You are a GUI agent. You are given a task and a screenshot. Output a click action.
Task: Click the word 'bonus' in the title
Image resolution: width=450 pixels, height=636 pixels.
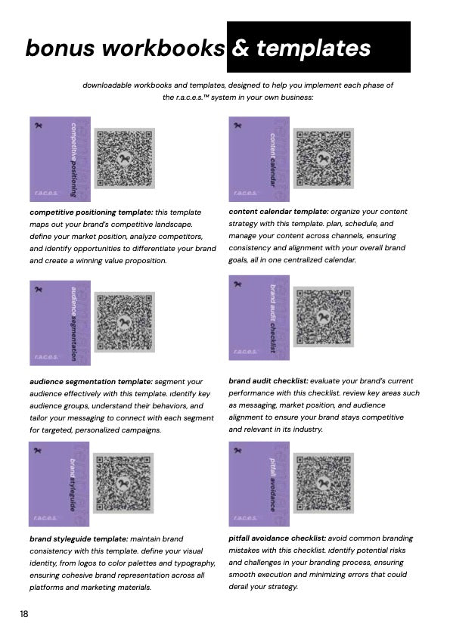(x=61, y=48)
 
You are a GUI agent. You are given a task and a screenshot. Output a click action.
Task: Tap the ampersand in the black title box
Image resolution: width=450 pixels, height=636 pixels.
(x=241, y=48)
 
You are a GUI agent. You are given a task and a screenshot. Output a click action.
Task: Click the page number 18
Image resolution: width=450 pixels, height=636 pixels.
(x=24, y=614)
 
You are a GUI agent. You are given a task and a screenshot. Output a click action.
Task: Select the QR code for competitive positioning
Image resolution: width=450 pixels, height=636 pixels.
(x=125, y=158)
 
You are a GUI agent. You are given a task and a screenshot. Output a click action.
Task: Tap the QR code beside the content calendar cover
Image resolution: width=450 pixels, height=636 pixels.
(x=324, y=158)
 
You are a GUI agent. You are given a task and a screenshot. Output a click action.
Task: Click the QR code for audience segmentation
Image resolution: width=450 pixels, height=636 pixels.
(x=125, y=322)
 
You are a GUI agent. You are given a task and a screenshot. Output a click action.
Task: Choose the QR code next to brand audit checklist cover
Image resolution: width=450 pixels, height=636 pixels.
(x=324, y=317)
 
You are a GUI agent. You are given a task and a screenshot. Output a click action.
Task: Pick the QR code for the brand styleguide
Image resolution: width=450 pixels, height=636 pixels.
(x=123, y=483)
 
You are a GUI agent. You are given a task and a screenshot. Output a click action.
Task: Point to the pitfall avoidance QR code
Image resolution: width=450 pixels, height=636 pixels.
(x=324, y=483)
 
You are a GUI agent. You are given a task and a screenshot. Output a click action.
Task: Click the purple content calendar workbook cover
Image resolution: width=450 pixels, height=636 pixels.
(x=259, y=159)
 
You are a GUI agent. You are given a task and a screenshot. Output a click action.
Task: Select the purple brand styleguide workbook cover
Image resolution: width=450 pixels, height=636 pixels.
(x=59, y=484)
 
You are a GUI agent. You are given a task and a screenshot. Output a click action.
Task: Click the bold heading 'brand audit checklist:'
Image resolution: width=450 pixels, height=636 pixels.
(x=268, y=381)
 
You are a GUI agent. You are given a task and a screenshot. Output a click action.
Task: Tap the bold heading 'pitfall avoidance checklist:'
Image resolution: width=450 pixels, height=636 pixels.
(x=277, y=538)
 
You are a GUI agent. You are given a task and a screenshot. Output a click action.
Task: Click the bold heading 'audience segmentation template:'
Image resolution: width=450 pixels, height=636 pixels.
(x=92, y=382)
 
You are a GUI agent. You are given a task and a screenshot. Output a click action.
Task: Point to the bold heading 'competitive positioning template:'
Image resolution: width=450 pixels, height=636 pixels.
(x=92, y=213)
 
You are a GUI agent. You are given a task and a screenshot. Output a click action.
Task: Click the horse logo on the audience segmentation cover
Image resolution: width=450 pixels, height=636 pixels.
(x=39, y=289)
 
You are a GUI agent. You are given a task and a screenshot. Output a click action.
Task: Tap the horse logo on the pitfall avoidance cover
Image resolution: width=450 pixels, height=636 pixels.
(x=237, y=450)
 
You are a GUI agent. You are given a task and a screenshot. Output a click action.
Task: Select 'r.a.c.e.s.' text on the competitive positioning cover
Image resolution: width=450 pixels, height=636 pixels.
(x=46, y=193)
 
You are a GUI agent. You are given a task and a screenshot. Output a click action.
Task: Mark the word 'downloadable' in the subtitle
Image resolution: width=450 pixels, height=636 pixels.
(x=107, y=85)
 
